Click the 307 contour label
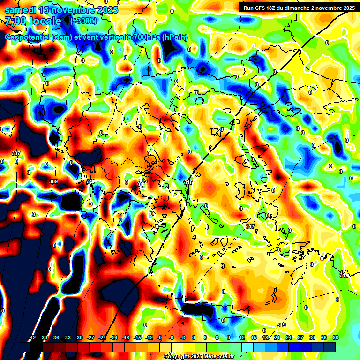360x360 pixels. click(16, 154)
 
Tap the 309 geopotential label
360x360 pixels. click(53, 181)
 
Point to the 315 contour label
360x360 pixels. click(188, 182)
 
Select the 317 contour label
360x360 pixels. click(250, 226)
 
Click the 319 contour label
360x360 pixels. click(281, 325)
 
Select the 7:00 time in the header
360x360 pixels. click(15, 21)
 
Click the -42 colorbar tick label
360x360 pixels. click(33, 337)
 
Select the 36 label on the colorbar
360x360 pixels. click(336, 337)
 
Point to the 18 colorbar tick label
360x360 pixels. click(265, 337)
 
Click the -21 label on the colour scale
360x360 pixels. click(114, 337)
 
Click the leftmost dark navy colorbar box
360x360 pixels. click(25, 347)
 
